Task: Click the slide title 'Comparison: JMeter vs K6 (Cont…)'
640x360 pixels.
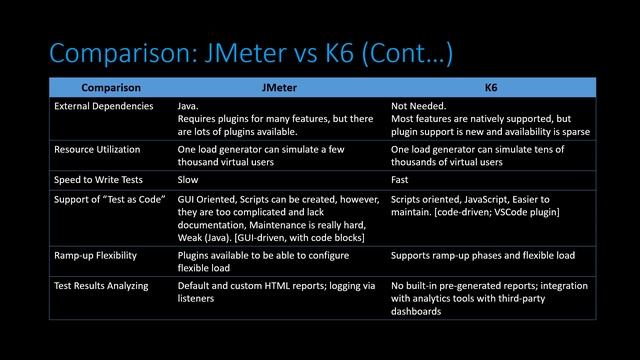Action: (251, 52)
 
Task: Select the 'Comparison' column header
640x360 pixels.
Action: (111, 88)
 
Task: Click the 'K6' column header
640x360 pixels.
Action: (491, 88)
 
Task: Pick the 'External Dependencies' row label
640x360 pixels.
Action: (104, 105)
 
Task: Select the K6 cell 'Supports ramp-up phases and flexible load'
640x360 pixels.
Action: (483, 256)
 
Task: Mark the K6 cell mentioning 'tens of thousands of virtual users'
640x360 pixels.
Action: (477, 155)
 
